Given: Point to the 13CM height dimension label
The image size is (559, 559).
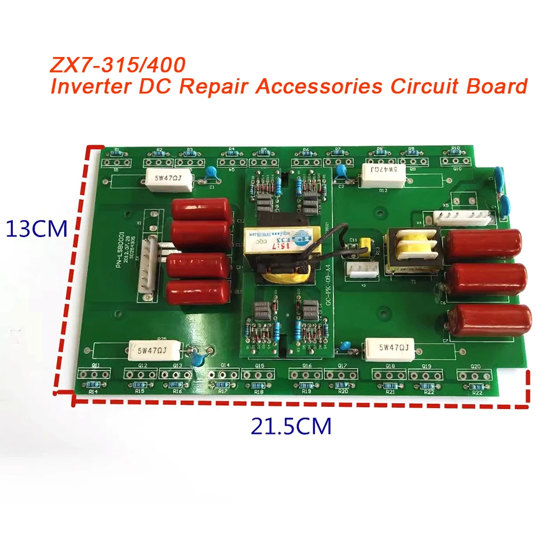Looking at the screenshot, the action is coord(36,229).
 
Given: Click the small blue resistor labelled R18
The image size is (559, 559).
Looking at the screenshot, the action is coord(258,385).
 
